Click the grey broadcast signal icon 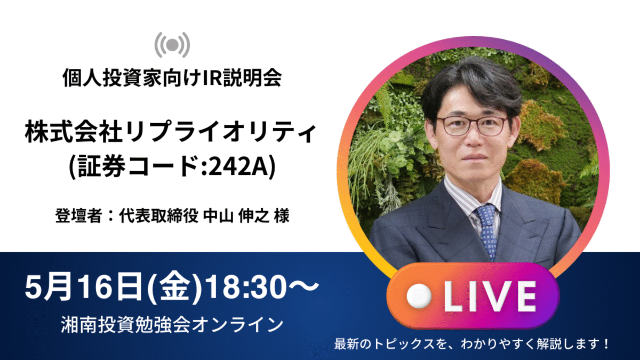pyautogui.click(x=172, y=45)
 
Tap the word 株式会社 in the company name pyautogui.click(x=74, y=133)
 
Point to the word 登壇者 pyautogui.click(x=78, y=215)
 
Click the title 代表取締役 pyautogui.click(x=158, y=215)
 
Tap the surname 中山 pyautogui.click(x=218, y=215)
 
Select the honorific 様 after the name pyautogui.click(x=282, y=215)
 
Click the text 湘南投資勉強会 pyautogui.click(x=126, y=325)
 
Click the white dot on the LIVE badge pyautogui.click(x=419, y=296)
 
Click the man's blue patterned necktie pyautogui.click(x=487, y=229)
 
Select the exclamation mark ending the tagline pyautogui.click(x=605, y=344)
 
